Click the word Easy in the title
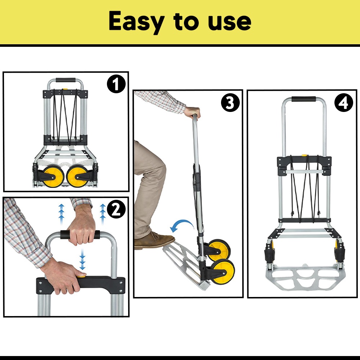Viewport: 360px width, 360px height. [x=136, y=22]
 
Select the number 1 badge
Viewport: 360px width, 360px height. [x=116, y=85]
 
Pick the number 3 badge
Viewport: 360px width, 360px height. [x=230, y=103]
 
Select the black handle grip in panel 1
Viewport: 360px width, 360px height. [x=66, y=80]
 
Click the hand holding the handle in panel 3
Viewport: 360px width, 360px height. [x=192, y=112]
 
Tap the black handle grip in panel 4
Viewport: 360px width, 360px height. [x=303, y=99]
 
